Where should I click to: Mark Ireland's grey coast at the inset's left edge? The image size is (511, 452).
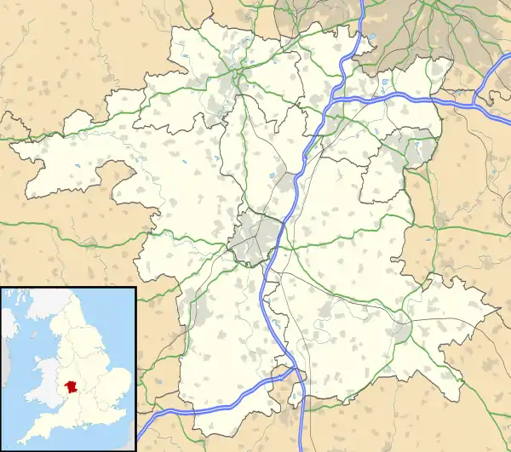tap(6, 323)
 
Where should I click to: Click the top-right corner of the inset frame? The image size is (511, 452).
tap(135, 289)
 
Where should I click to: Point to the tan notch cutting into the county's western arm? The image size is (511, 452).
tap(116, 175)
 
